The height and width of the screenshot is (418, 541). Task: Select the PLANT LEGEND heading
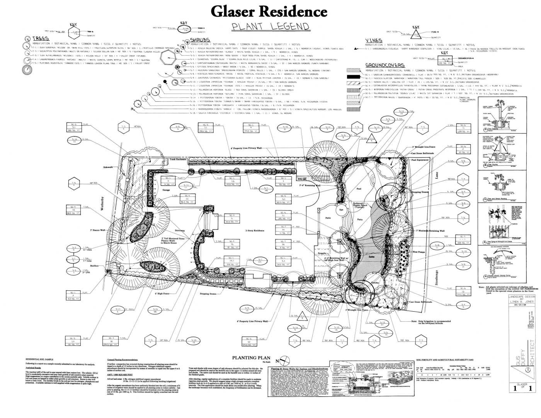pos(270,27)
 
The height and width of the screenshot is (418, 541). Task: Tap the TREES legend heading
pos(40,39)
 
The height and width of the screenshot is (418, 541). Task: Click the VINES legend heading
pos(373,41)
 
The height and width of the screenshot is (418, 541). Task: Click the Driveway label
pos(180,230)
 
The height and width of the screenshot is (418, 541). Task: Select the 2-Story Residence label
pos(254,230)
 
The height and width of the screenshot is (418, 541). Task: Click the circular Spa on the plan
pos(341,210)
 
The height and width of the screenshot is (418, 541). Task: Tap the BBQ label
pos(299,179)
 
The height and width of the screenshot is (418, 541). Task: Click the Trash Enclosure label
pos(177,159)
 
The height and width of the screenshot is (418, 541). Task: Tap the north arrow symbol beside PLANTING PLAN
pos(284,359)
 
